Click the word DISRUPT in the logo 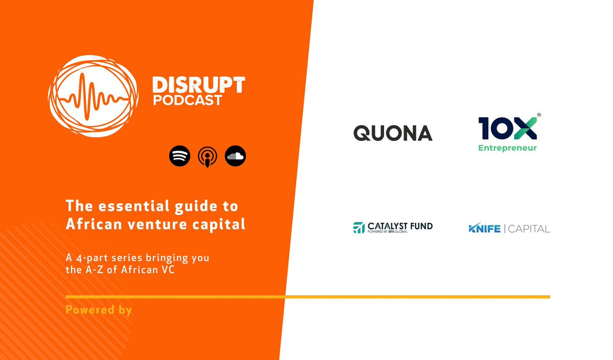point(199,85)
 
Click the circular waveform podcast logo point(92,92)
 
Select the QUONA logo point(393,133)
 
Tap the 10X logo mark point(507,128)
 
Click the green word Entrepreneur point(507,148)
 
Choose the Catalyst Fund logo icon point(359,228)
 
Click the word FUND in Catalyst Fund point(421,226)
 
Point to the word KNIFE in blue point(484,229)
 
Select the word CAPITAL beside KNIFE point(530,229)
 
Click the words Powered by point(99,309)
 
